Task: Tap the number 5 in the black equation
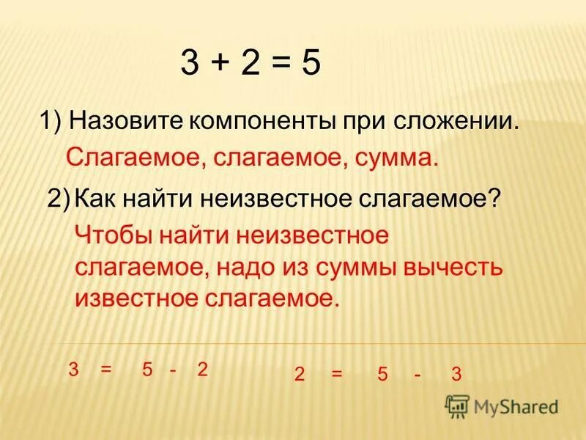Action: [x=310, y=65]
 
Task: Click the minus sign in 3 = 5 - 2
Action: [x=173, y=370]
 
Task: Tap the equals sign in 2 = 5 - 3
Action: [x=337, y=374]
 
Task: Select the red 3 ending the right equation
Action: [x=456, y=374]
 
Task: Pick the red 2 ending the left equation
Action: [x=203, y=370]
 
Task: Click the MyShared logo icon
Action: [x=457, y=406]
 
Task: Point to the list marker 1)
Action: [x=53, y=121]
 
